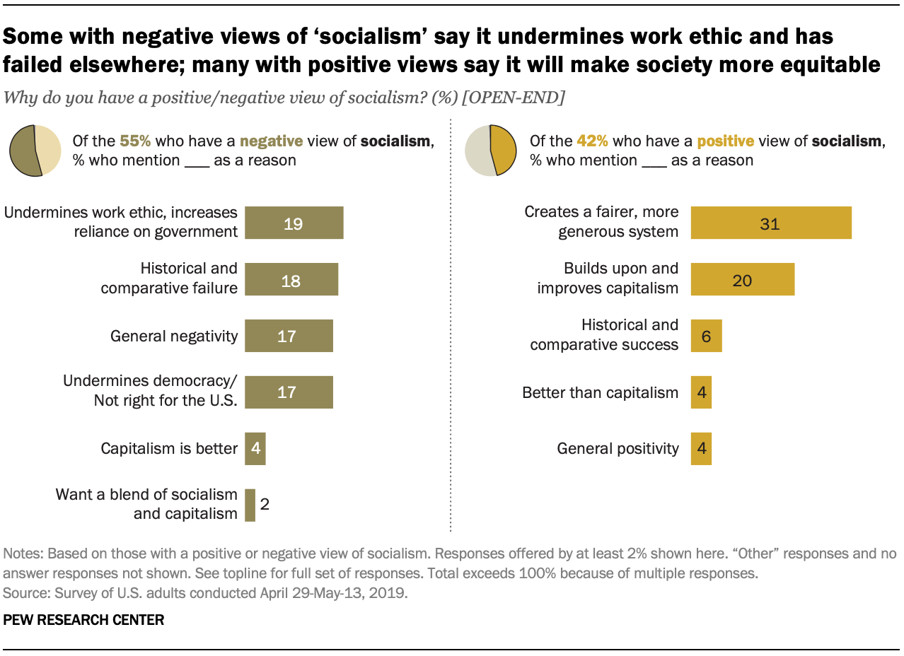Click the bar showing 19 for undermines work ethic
click(x=294, y=223)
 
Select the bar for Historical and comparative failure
click(x=291, y=279)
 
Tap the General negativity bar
click(x=289, y=336)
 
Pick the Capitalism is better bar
click(x=255, y=448)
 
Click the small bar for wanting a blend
click(x=250, y=505)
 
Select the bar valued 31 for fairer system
click(x=771, y=223)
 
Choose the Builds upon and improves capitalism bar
click(x=743, y=279)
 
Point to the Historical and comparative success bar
click(x=706, y=336)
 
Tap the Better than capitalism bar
click(x=701, y=392)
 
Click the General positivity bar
click(x=701, y=448)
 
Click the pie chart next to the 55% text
click(x=35, y=151)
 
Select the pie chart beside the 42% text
click(x=490, y=151)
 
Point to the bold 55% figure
click(x=135, y=141)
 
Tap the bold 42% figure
click(x=593, y=141)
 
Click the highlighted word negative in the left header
click(x=271, y=141)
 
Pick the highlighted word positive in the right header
click(x=726, y=141)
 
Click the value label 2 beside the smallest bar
click(x=265, y=504)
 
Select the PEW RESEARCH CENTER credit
click(x=83, y=620)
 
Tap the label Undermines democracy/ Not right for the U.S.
click(x=150, y=391)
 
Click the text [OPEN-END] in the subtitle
click(x=513, y=98)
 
